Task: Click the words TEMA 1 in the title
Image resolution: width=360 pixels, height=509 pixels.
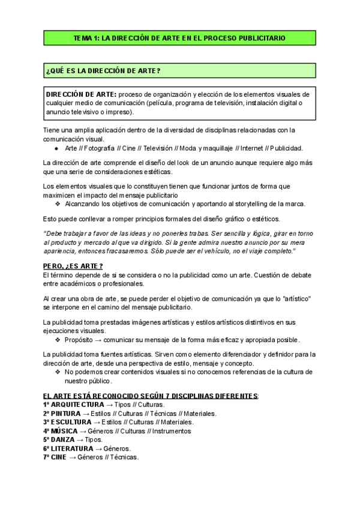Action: coord(86,38)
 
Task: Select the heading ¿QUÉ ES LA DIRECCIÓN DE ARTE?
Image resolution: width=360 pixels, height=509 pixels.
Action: coord(103,71)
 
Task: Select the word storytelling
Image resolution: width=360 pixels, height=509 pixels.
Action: coord(243,203)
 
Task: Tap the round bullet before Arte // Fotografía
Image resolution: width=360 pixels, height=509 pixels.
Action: coord(56,148)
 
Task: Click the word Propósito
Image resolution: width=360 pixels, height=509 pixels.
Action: coord(79,340)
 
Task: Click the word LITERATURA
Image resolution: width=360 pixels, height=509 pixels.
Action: coord(72,448)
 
